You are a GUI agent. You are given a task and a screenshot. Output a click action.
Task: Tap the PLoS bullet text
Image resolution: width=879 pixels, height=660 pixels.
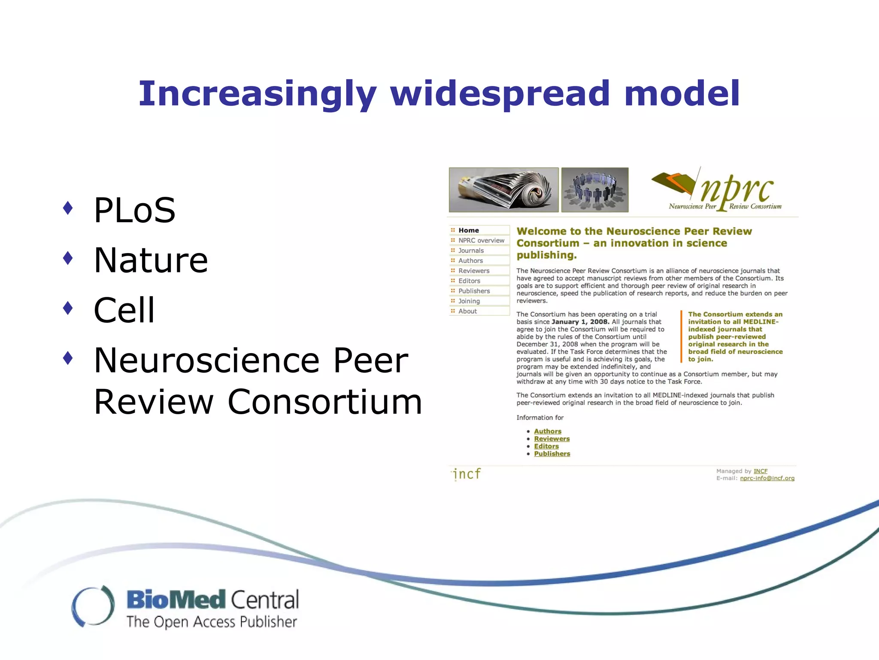point(134,210)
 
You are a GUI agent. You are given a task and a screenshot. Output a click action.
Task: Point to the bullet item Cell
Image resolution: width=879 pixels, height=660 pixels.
point(124,310)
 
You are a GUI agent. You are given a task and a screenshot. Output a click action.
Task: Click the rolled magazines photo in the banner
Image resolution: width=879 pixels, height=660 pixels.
point(503,190)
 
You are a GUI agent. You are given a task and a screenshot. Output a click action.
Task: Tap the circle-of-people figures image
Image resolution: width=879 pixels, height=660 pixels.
point(595,190)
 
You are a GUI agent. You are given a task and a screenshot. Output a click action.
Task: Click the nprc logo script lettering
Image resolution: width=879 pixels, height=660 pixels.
point(737,189)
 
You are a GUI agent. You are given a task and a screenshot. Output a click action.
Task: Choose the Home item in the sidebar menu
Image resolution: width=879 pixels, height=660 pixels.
point(468,230)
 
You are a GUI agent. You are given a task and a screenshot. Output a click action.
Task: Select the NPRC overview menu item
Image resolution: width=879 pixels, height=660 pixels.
point(481,241)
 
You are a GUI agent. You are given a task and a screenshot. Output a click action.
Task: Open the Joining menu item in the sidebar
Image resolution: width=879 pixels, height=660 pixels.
point(469,301)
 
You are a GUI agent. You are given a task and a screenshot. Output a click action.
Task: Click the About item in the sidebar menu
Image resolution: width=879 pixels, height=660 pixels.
point(467,311)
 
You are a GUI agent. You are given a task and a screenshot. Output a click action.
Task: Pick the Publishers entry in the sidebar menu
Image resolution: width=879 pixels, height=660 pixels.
point(474,291)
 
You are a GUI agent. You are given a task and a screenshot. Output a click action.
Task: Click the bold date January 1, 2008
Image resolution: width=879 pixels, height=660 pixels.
point(580,322)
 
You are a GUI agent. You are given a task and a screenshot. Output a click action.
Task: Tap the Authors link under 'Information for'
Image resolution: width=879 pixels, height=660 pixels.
point(547,431)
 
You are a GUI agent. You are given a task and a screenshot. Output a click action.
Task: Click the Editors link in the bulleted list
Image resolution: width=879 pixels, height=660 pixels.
point(546,446)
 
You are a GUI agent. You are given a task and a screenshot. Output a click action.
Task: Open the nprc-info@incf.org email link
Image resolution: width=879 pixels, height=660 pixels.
point(767,478)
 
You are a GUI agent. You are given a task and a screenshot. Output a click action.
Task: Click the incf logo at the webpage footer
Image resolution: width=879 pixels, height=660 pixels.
point(467,474)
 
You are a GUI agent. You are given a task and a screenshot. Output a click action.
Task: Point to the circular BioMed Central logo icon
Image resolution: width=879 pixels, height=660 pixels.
point(93,606)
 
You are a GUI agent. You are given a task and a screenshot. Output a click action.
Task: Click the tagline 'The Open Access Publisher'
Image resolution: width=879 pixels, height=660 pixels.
point(212,622)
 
